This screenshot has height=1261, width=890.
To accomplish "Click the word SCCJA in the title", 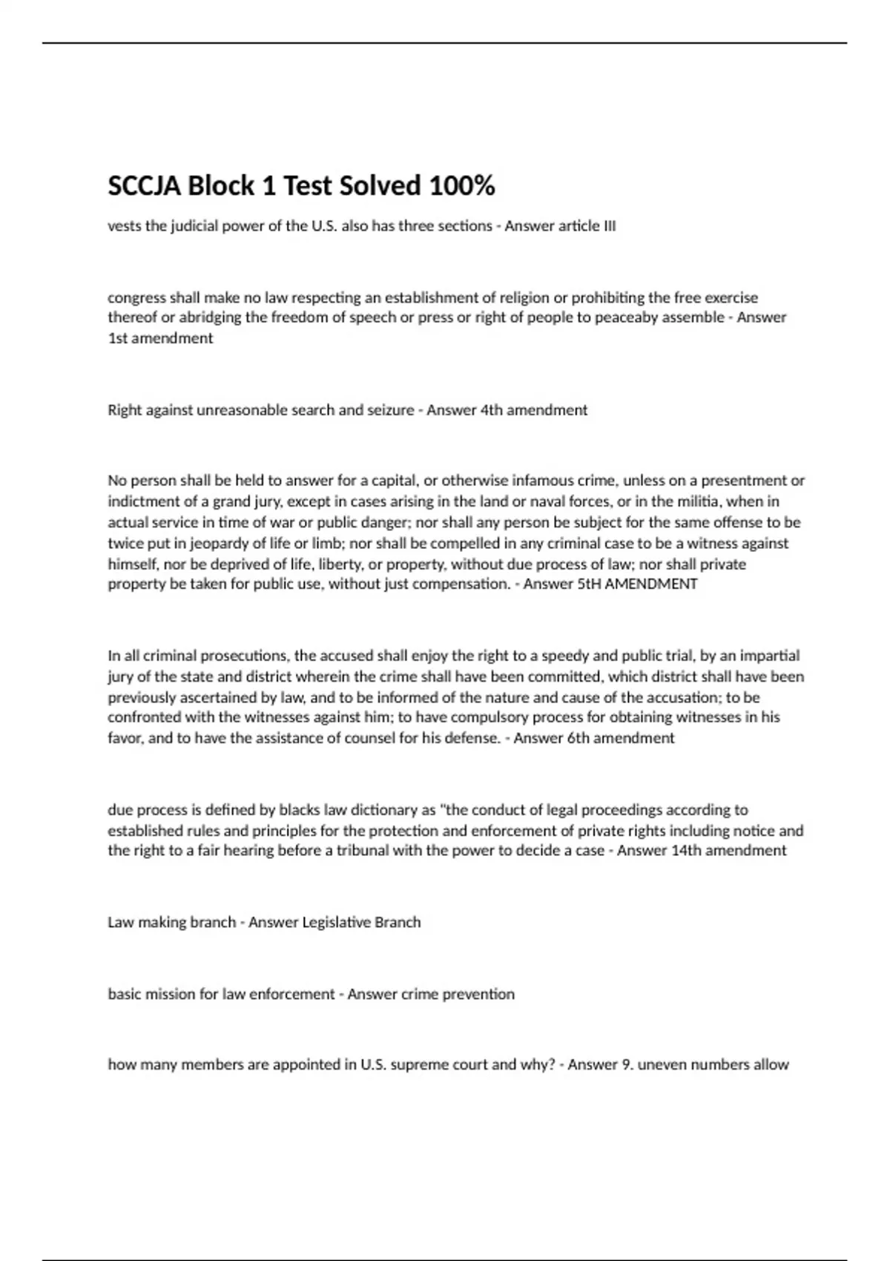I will (x=144, y=185).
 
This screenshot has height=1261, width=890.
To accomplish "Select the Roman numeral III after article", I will (x=607, y=225).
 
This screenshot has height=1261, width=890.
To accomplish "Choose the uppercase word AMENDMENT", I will (x=651, y=584).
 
